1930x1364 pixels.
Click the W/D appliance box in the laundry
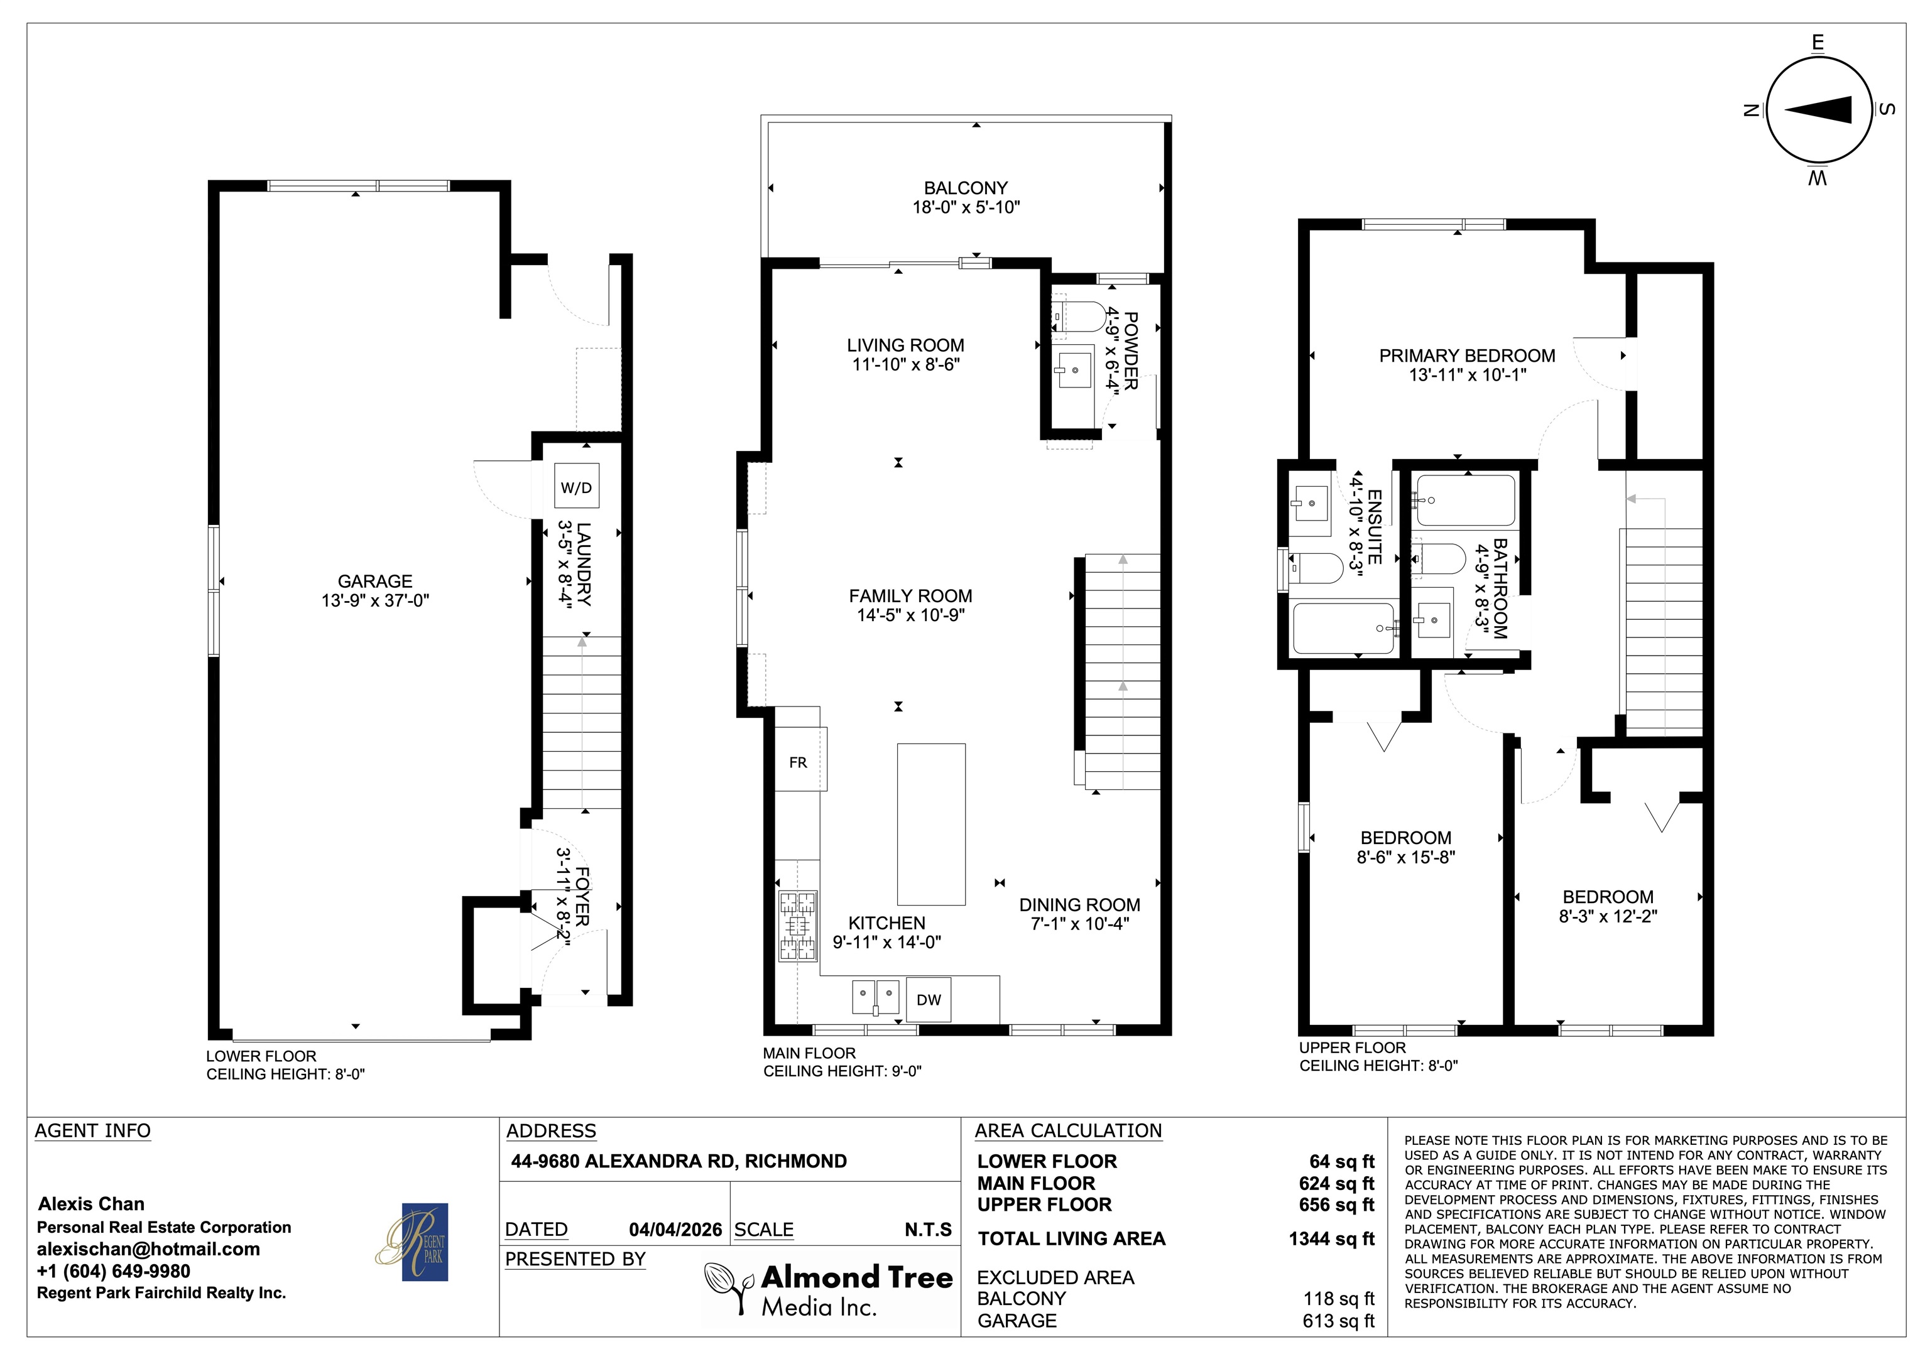coord(577,486)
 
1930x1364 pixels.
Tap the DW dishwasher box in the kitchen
coord(928,999)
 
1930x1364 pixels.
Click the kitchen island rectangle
coord(930,823)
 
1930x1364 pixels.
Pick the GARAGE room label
coord(375,581)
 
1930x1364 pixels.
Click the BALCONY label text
coord(966,188)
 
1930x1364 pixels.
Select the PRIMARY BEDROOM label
coord(1467,355)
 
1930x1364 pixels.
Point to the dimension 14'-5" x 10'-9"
coord(910,614)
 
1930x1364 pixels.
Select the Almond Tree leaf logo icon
coord(728,1287)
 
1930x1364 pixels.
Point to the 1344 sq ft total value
coord(1331,1239)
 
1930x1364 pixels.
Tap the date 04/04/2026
coord(676,1230)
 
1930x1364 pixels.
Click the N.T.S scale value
coord(928,1230)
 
